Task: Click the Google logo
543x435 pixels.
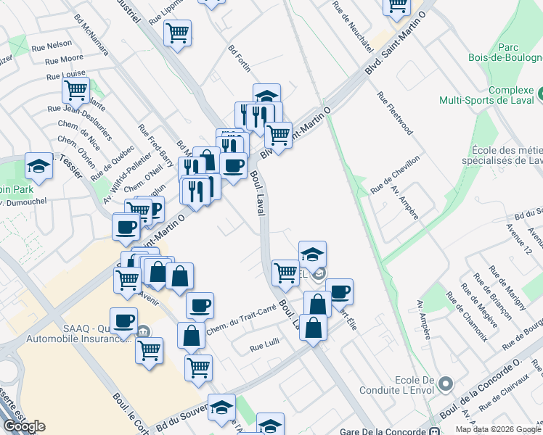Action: (x=24, y=426)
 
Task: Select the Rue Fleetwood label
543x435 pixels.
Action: (x=395, y=113)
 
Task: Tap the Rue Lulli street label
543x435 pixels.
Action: (x=264, y=347)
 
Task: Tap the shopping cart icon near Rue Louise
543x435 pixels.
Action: (x=75, y=91)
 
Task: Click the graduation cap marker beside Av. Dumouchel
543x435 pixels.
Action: (x=38, y=166)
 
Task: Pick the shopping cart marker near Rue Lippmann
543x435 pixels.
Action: (x=177, y=33)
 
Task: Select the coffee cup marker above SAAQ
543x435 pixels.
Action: (x=124, y=320)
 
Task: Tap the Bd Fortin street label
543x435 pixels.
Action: (x=239, y=59)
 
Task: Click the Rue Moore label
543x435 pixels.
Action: (x=64, y=59)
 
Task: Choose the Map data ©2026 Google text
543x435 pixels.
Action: (x=498, y=429)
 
